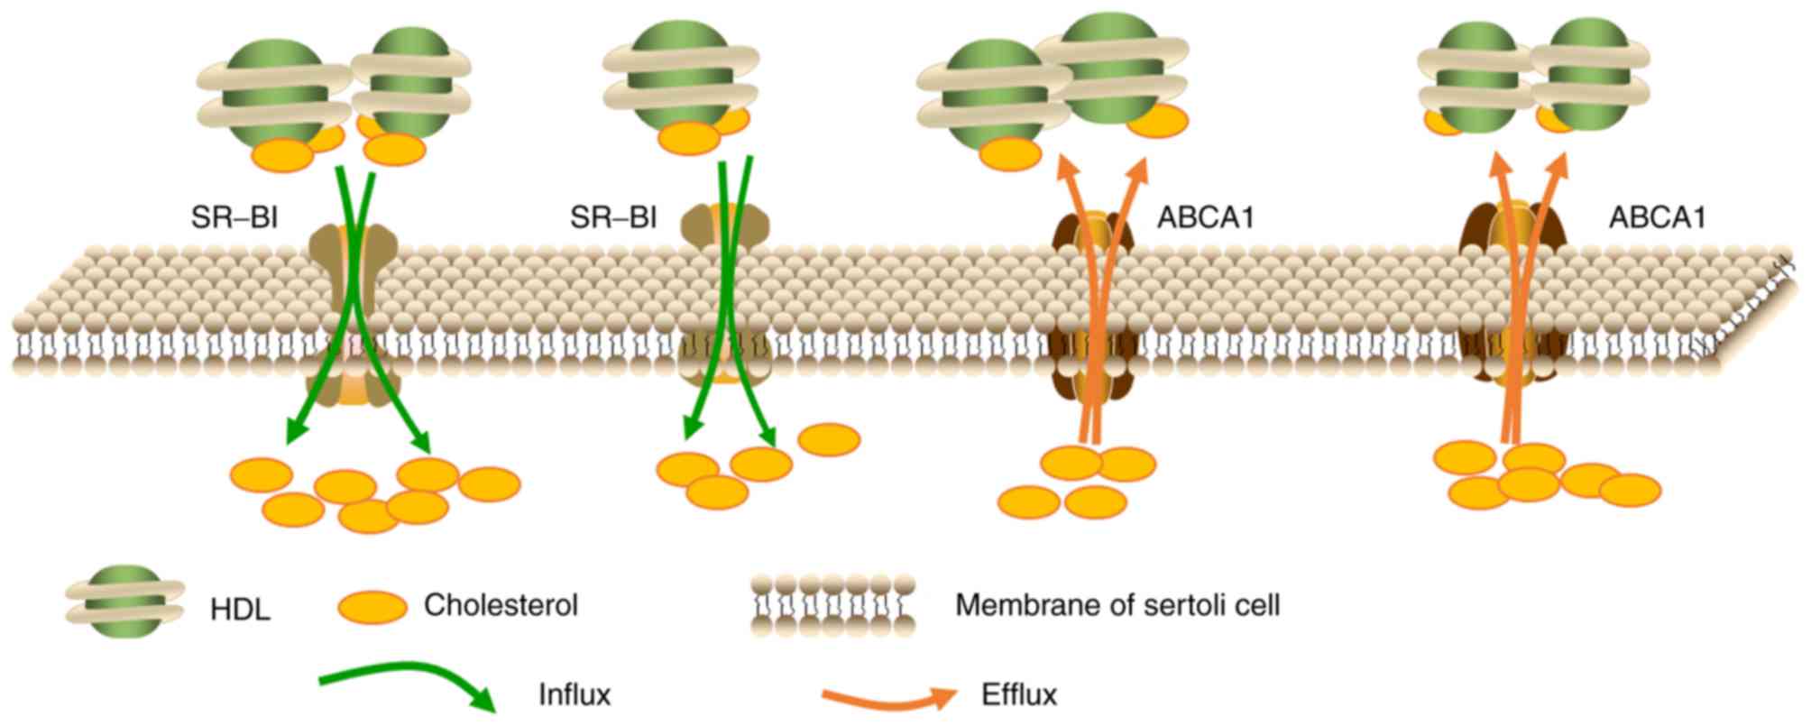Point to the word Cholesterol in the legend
pos(501,605)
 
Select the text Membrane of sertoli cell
pos(1117,605)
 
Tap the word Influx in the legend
pos(575,695)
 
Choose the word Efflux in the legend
pos(1018,695)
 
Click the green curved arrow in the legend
pos(406,690)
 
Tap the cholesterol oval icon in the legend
pos(372,607)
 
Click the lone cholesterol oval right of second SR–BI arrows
pos(830,439)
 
